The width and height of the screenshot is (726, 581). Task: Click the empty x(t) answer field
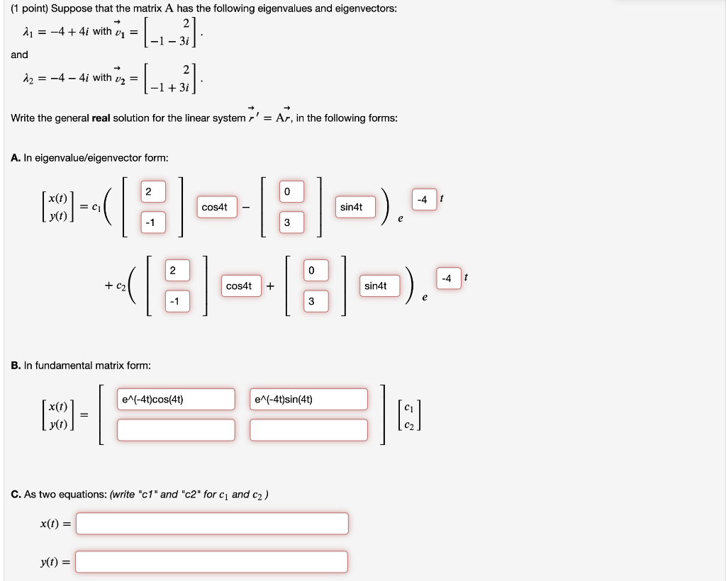tap(212, 524)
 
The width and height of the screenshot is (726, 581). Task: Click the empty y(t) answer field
tap(212, 562)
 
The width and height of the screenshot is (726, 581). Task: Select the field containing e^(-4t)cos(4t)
tap(176, 399)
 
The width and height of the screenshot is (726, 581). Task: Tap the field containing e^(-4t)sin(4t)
tap(308, 399)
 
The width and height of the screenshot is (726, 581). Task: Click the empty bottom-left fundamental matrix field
tap(176, 429)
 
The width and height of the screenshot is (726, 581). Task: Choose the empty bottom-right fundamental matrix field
tap(308, 429)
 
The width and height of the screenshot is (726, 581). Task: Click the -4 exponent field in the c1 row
tap(423, 200)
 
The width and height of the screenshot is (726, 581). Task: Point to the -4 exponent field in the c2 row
tap(446, 278)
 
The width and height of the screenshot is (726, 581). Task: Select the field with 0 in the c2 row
tap(310, 270)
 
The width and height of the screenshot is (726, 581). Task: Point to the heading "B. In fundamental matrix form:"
tap(81, 366)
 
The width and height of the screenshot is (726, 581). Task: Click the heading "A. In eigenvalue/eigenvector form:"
tap(89, 158)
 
